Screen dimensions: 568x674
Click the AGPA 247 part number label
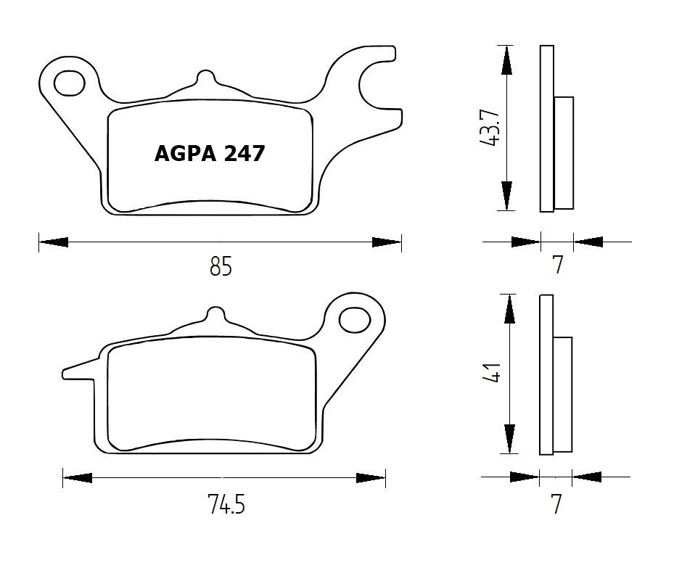[x=210, y=154]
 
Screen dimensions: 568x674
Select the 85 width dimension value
[x=221, y=268]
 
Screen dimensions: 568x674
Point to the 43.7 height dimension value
[x=491, y=128]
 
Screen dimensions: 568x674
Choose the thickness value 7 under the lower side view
[x=556, y=503]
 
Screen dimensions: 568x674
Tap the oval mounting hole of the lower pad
[x=355, y=318]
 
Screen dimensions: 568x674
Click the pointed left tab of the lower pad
[x=76, y=373]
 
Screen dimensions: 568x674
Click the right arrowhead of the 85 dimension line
[x=386, y=242]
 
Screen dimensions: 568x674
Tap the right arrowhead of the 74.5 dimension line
[x=371, y=477]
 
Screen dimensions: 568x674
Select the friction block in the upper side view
[x=564, y=153]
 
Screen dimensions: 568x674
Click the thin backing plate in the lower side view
[x=546, y=375]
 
